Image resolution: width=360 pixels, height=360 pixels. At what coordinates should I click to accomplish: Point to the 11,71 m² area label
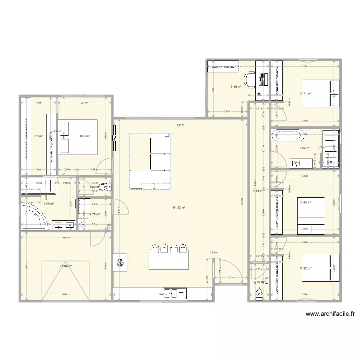[x=305, y=94]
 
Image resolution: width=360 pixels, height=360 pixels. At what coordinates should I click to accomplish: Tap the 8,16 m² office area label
[x=236, y=87]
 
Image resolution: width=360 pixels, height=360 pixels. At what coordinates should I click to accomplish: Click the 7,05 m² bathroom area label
[x=305, y=148]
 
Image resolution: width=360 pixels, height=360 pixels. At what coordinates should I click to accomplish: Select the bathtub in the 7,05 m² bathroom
[x=288, y=135]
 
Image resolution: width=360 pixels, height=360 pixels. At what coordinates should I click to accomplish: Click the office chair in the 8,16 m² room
[x=250, y=79]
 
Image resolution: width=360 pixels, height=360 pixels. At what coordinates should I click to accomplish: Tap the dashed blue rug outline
[x=149, y=161]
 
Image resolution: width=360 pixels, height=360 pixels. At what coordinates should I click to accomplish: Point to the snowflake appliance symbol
[x=120, y=262]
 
